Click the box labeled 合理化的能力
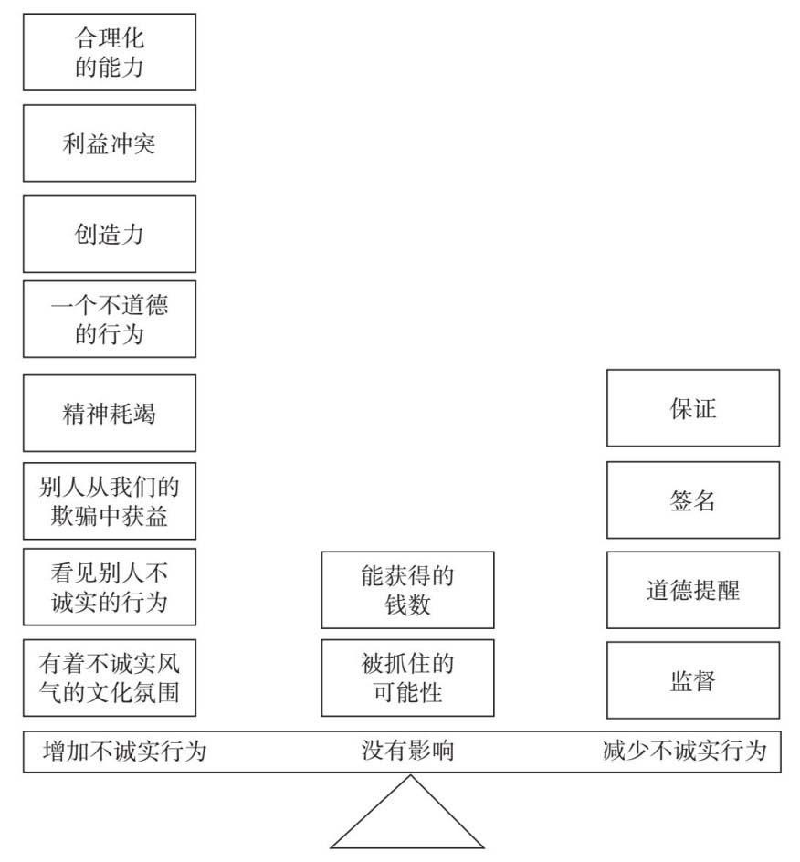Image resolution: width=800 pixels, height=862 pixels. pyautogui.click(x=110, y=52)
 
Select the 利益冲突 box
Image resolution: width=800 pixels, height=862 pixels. pyautogui.click(x=110, y=143)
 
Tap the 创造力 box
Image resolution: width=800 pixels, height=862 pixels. pyautogui.click(x=110, y=234)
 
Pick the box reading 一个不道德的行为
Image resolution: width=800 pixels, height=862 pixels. pyautogui.click(x=110, y=319)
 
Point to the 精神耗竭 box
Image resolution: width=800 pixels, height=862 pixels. pyautogui.click(x=110, y=413)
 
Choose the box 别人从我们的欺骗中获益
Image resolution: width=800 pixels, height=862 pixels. pyautogui.click(x=110, y=500)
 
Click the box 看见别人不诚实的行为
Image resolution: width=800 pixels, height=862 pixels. pyautogui.click(x=110, y=586)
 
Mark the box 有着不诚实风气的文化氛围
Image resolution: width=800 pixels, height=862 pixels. pyautogui.click(x=110, y=678)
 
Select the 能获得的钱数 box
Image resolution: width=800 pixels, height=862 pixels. pyautogui.click(x=407, y=590)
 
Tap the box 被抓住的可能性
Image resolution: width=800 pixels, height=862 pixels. pyautogui.click(x=407, y=678)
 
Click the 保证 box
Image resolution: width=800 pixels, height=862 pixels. pyautogui.click(x=693, y=408)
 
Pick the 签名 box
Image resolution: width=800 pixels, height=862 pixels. pyautogui.click(x=693, y=500)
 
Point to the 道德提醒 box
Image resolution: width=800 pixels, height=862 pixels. pyautogui.click(x=693, y=590)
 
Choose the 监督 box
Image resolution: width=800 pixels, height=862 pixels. pyautogui.click(x=693, y=680)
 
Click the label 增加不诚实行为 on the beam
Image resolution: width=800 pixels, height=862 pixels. pyautogui.click(x=125, y=751)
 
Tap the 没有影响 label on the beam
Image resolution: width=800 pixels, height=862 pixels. pyautogui.click(x=407, y=751)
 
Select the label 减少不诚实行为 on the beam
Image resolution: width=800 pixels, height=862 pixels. pyautogui.click(x=685, y=751)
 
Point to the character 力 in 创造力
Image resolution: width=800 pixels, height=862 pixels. pyautogui.click(x=132, y=234)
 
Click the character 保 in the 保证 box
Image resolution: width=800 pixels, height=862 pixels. pyautogui.click(x=680, y=408)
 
